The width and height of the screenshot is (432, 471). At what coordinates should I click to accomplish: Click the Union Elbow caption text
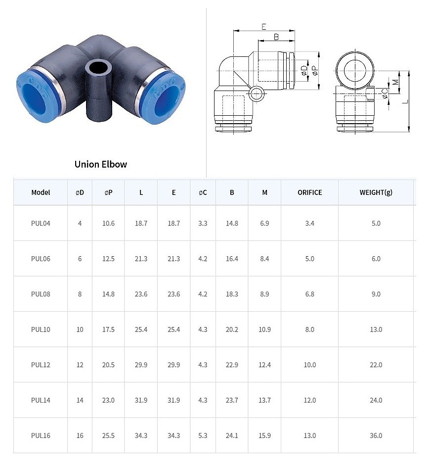(x=100, y=164)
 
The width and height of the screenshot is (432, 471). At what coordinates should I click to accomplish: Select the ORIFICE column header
(x=309, y=192)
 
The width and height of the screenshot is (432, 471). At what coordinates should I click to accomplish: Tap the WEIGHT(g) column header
(x=376, y=192)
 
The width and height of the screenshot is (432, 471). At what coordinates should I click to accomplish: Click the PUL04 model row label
(x=41, y=224)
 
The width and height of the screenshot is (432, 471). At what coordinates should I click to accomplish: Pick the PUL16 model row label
(x=41, y=435)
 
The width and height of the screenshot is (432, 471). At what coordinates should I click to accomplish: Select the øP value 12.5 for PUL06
(x=108, y=259)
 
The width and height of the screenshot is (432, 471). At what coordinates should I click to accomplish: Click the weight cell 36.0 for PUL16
(x=376, y=435)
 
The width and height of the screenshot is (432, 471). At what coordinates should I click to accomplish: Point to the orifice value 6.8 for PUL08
(x=309, y=294)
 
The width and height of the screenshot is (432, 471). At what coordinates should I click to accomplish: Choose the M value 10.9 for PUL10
(x=264, y=330)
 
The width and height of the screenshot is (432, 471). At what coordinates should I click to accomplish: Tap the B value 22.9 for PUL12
(x=232, y=365)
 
